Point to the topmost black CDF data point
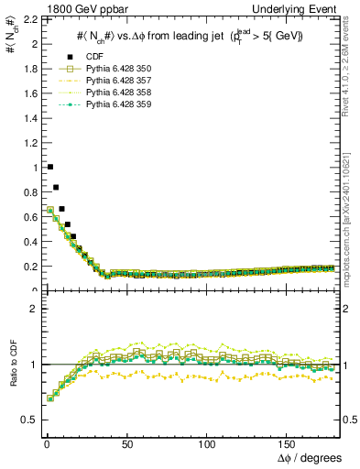[49, 167]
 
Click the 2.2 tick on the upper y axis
[27, 18]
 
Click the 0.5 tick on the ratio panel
[26, 420]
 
